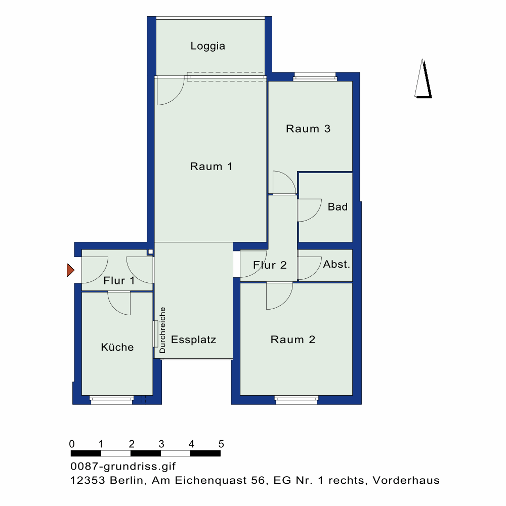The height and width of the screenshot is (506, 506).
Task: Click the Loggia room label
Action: [207, 46]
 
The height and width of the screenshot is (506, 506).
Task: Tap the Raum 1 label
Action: [211, 166]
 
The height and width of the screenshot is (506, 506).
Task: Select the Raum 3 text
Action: [308, 129]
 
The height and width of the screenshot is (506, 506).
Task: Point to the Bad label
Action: [338, 206]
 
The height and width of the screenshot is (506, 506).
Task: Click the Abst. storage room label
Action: [336, 264]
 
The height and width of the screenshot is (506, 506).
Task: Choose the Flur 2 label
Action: [270, 265]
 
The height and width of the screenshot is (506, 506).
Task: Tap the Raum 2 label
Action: [293, 340]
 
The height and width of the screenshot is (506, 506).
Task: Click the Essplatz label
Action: [193, 340]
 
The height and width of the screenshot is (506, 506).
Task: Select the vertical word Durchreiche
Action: [162, 330]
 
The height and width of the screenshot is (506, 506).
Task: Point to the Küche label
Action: [117, 347]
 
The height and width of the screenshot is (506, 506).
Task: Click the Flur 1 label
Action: [119, 280]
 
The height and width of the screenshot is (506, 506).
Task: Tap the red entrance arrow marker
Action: [70, 271]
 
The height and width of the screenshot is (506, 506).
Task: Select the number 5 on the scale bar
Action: [221, 444]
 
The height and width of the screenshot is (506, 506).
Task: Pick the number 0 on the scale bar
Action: [72, 444]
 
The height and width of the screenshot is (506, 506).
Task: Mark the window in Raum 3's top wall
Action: [315, 77]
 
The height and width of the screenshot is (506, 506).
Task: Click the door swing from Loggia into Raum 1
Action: [170, 91]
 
